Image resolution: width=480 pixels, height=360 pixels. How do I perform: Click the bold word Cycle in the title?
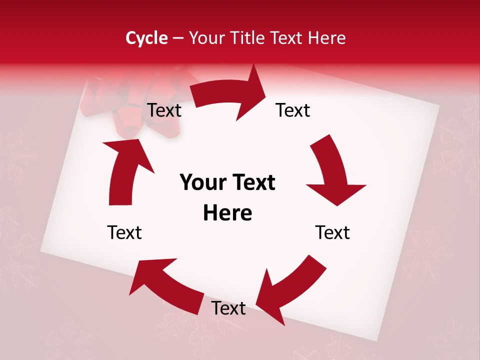(146, 38)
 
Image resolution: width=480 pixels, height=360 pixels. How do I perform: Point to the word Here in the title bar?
(327, 38)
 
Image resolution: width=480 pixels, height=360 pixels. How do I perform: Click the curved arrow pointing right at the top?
(230, 95)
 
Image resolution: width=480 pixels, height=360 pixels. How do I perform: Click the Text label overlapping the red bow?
(164, 110)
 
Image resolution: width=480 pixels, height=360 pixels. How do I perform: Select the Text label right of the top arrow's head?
(293, 110)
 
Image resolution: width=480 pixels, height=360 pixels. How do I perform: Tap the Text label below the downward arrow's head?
(332, 232)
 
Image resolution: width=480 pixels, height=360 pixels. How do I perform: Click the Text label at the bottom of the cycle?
(228, 308)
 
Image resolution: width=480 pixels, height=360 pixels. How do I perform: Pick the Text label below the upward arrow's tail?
(124, 232)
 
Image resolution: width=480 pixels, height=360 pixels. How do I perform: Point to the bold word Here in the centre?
(227, 213)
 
